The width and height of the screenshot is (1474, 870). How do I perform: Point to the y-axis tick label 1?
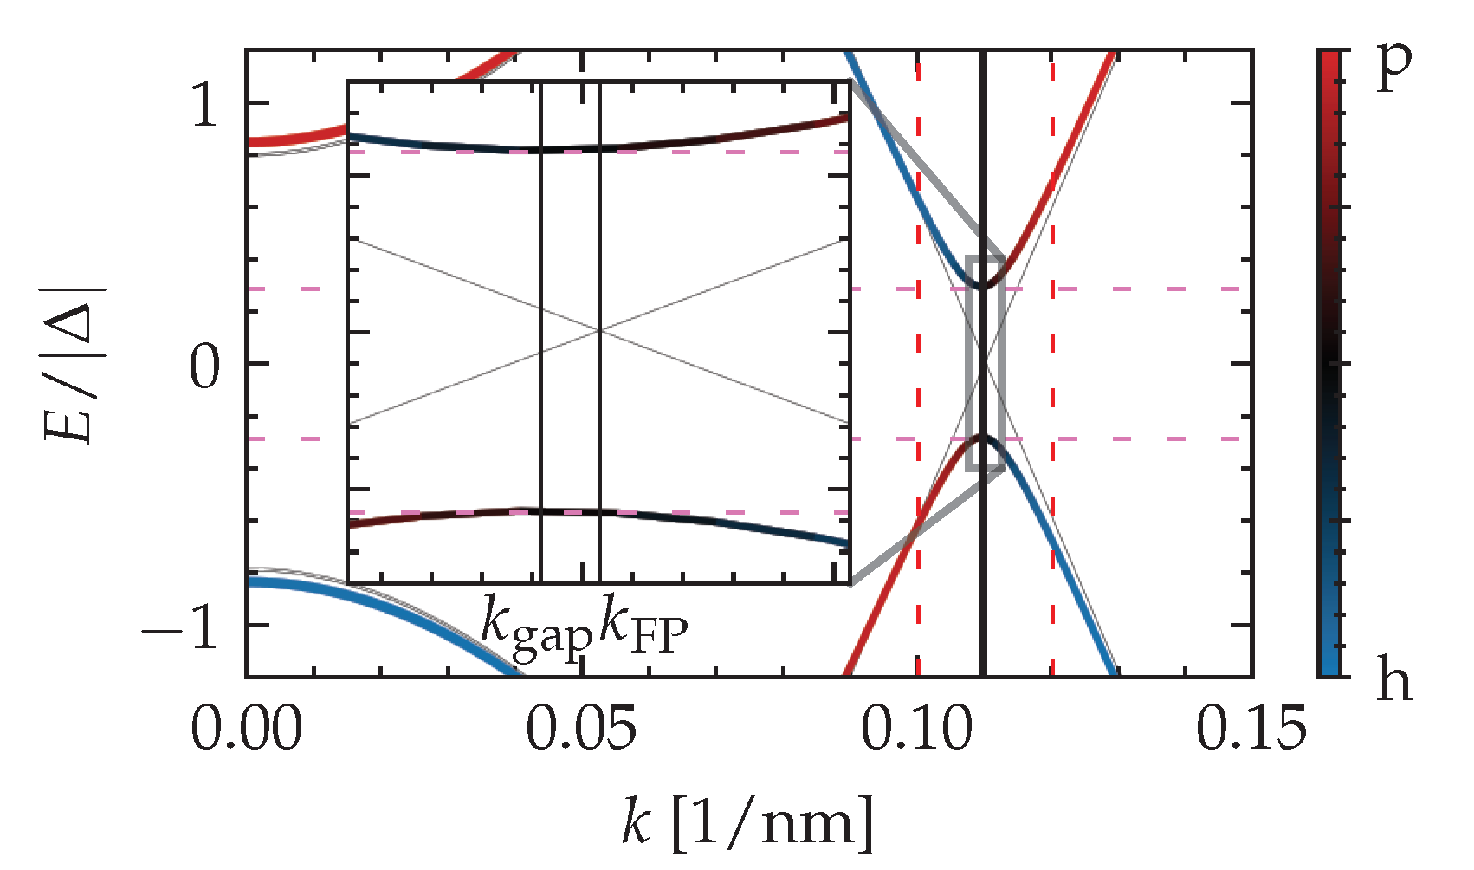coord(205,106)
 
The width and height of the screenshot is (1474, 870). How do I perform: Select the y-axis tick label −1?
coord(182,627)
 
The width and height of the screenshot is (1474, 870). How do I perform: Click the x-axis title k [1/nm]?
coord(747,821)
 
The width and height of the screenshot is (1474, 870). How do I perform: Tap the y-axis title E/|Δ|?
coord(75,364)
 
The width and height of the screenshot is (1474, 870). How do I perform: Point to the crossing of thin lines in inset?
coord(599,330)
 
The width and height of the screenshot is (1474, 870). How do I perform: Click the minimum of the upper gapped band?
coord(983,286)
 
